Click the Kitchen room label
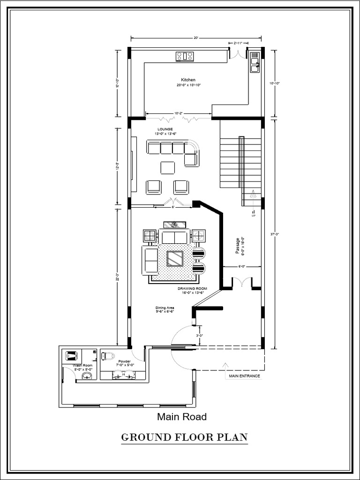188,80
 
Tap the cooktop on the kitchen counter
185,57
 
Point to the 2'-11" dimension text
238,43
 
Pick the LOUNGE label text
165,129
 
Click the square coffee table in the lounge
168,167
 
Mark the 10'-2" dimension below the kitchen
179,113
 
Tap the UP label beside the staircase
253,216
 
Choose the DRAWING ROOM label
190,289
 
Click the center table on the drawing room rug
175,258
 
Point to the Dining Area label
165,308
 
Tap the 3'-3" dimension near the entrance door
200,336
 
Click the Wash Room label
80,365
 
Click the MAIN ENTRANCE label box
244,376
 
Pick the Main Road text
181,416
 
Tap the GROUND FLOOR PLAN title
184,438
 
